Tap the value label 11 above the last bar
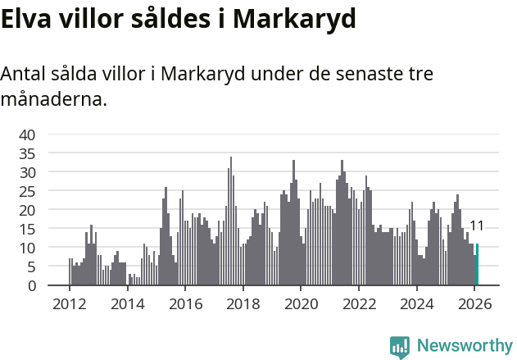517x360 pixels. point(477,226)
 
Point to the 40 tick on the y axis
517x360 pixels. point(27,134)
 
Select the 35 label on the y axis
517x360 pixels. point(27,153)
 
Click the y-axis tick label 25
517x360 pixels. point(27,191)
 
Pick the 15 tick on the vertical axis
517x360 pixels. point(27,229)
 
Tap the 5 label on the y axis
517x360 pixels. point(31,267)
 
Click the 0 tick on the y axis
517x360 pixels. point(31,285)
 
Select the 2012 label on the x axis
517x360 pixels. point(69,304)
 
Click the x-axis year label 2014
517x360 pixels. point(127,304)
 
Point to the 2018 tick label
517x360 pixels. point(243,304)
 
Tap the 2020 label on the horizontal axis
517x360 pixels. point(301,304)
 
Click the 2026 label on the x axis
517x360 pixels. point(474,304)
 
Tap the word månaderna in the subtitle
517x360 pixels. point(53,100)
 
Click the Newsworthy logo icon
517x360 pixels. point(400,347)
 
